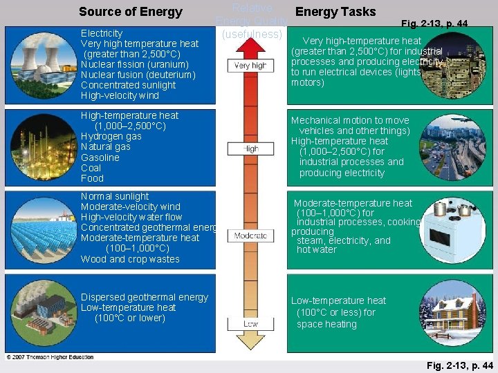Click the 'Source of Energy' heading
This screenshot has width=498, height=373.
click(x=130, y=12)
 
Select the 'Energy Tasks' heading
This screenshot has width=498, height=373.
click(x=335, y=12)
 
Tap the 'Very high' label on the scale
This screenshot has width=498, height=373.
click(x=250, y=66)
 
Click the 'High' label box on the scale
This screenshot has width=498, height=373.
click(x=250, y=149)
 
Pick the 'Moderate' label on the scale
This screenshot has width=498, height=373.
click(x=250, y=236)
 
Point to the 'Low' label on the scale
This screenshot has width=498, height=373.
click(x=250, y=323)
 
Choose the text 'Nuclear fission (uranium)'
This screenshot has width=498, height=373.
click(x=134, y=64)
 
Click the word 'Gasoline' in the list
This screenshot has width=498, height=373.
click(x=100, y=157)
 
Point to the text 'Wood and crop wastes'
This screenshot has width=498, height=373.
click(x=130, y=259)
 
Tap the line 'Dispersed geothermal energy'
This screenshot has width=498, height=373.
click(x=144, y=297)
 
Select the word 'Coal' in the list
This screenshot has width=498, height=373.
click(x=91, y=168)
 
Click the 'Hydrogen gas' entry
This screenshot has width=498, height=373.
click(x=111, y=136)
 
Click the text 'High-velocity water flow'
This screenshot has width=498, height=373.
click(x=131, y=217)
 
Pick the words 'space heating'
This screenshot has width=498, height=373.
click(x=326, y=324)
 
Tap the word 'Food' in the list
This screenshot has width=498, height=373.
click(x=92, y=178)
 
